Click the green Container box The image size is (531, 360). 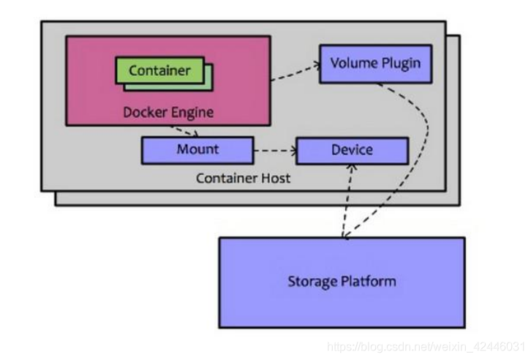(x=159, y=71)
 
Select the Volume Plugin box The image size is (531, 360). (x=375, y=63)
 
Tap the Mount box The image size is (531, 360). (x=197, y=149)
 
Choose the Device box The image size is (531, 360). (x=352, y=150)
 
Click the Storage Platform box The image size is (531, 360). (x=342, y=282)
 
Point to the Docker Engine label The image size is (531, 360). (x=168, y=112)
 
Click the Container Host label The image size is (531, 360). (x=244, y=178)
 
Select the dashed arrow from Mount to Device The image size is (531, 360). (x=274, y=153)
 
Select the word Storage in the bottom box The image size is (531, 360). (x=312, y=282)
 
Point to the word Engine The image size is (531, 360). (x=191, y=112)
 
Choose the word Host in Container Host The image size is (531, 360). (x=275, y=178)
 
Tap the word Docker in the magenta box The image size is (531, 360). (x=143, y=112)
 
